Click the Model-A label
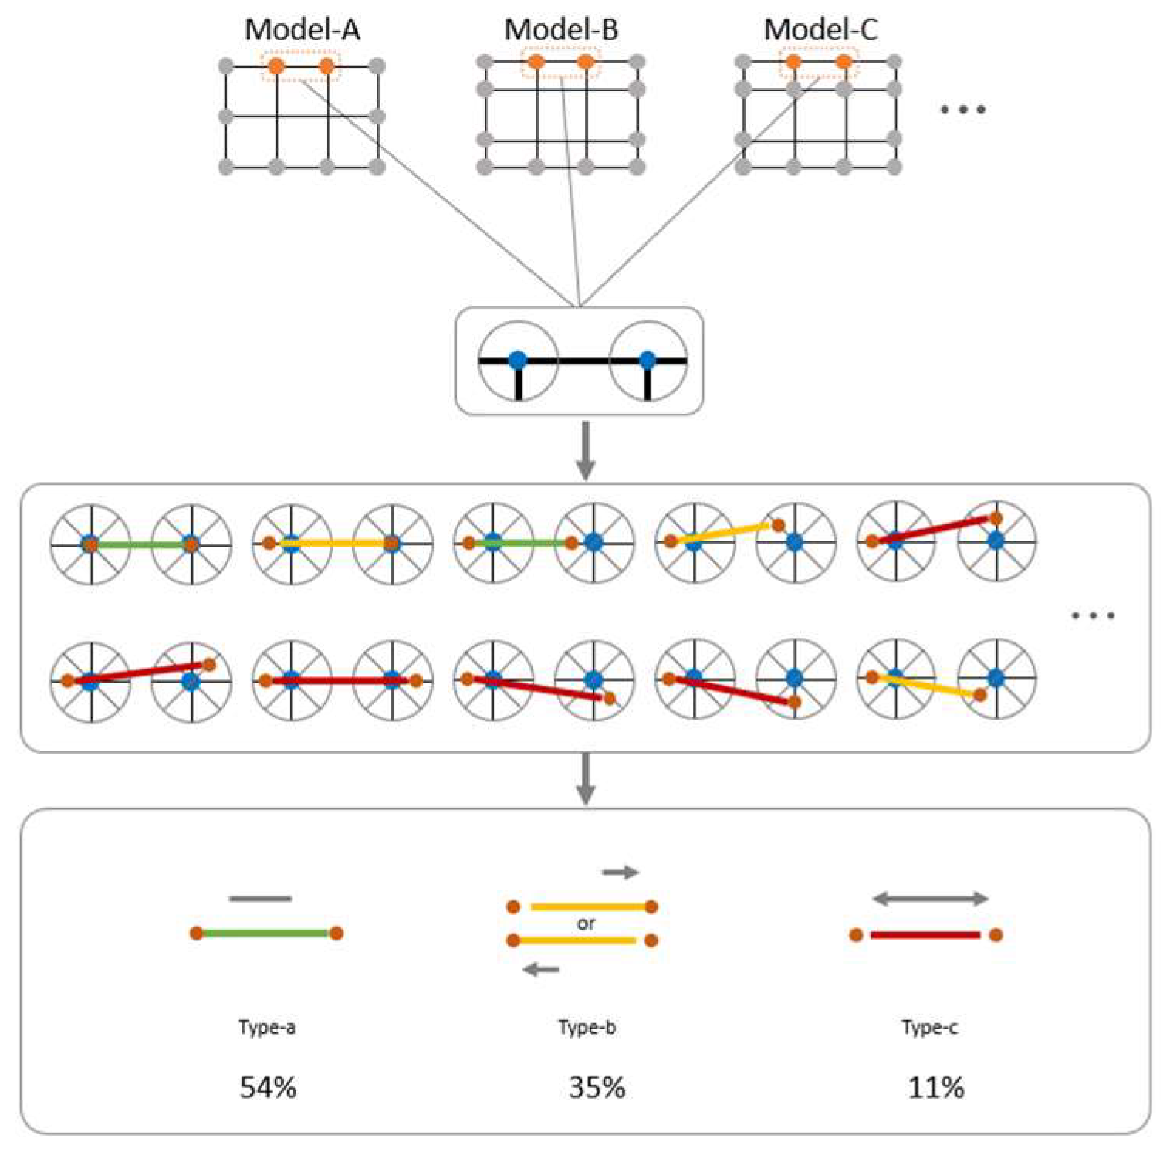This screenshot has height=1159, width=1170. click(x=302, y=29)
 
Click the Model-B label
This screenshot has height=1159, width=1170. click(x=561, y=29)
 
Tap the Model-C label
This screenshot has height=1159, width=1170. click(x=820, y=29)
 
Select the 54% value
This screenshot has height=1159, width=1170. click(x=268, y=1087)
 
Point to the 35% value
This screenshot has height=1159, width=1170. click(x=597, y=1087)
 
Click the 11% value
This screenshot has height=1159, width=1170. click(x=935, y=1087)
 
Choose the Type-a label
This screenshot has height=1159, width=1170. click(x=267, y=1028)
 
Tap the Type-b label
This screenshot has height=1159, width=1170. click(x=587, y=1028)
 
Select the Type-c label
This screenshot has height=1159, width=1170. click(x=929, y=1028)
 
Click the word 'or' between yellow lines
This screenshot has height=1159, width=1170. click(x=586, y=923)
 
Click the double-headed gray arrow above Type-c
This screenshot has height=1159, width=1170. click(x=930, y=899)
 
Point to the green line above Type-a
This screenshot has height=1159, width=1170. click(x=266, y=934)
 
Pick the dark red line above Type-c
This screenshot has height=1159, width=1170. click(x=925, y=935)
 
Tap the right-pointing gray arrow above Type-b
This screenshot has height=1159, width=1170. click(x=621, y=873)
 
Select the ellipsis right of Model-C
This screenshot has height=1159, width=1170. click(x=962, y=110)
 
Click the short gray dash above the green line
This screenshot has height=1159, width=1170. click(x=260, y=899)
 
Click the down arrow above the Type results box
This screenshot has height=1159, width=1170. click(x=586, y=778)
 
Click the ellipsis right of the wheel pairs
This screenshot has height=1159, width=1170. click(x=1093, y=615)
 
